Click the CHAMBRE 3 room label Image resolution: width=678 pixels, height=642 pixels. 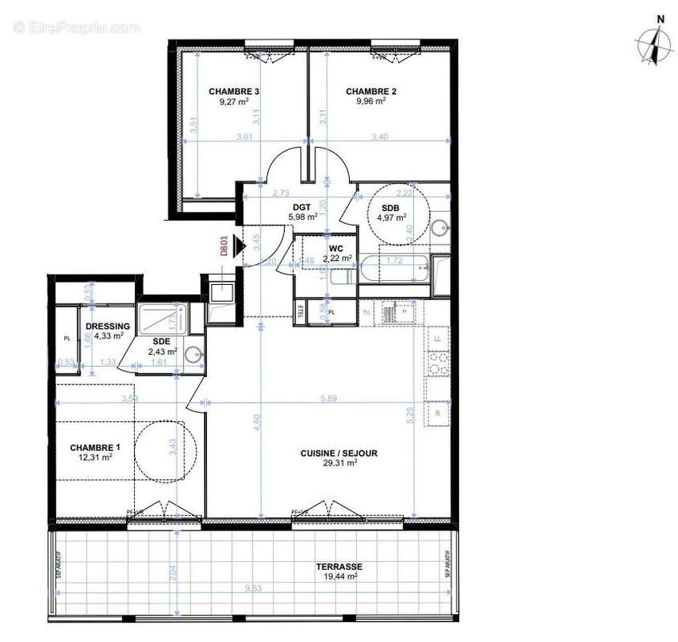[x=233, y=91]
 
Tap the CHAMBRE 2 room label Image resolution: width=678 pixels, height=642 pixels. [x=371, y=91]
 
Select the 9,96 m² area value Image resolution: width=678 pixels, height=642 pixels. [x=371, y=102]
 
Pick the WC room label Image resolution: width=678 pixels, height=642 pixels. [x=336, y=248]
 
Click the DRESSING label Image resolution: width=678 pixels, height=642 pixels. [x=108, y=326]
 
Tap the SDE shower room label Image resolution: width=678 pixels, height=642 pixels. [x=161, y=340]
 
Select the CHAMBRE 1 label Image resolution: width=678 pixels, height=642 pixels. [x=95, y=447]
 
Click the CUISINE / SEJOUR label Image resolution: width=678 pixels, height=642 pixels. [x=339, y=453]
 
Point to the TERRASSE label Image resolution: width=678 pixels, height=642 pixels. [x=337, y=566]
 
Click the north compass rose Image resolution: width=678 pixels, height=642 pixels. [x=655, y=47]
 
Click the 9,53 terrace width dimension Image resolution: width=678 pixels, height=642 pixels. [x=256, y=590]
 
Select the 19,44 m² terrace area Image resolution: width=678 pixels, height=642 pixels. [x=337, y=576]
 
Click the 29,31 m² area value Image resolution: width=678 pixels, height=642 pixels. [x=339, y=464]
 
